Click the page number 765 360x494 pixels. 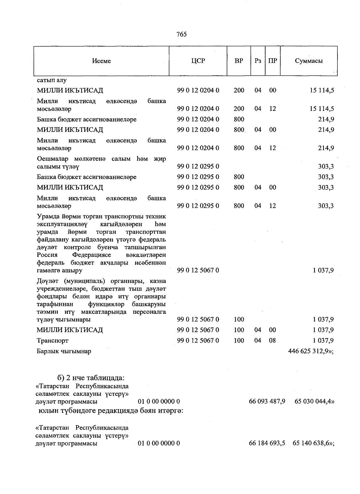coord(182,34)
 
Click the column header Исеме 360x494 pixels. coord(101,61)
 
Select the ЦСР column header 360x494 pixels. coord(198,61)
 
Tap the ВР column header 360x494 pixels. coord(239,61)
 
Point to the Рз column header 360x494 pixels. coord(258,61)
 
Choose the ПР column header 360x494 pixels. coord(272,61)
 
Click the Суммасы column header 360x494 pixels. coord(309,61)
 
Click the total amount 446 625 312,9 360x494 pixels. coord(310,351)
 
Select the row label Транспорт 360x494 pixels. coord(52,341)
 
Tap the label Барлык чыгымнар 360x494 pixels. coord(64,351)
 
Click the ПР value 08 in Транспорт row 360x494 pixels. coord(272,341)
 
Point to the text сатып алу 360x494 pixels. coord(52,80)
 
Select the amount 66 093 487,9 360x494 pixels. coord(267,402)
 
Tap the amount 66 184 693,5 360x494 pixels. coord(267,443)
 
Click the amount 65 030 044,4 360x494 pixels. coord(314,402)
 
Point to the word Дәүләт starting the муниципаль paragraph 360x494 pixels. coord(48,281)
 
